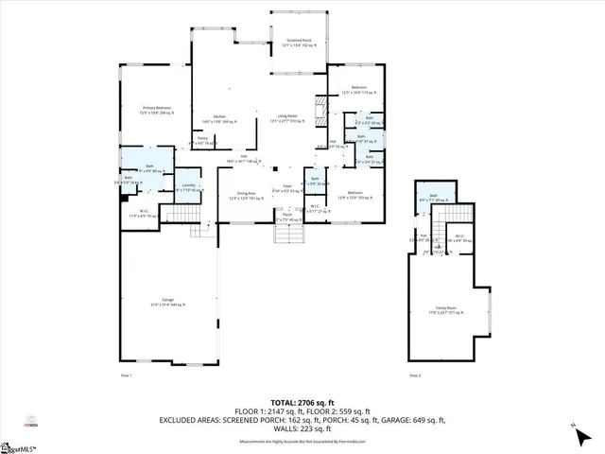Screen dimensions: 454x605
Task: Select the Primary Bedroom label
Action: tap(153, 111)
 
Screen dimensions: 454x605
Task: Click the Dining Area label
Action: tap(244, 197)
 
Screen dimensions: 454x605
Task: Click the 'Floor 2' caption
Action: tap(415, 375)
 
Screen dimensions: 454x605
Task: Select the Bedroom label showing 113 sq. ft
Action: tap(358, 89)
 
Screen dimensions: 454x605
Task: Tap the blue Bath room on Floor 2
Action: tap(437, 197)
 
